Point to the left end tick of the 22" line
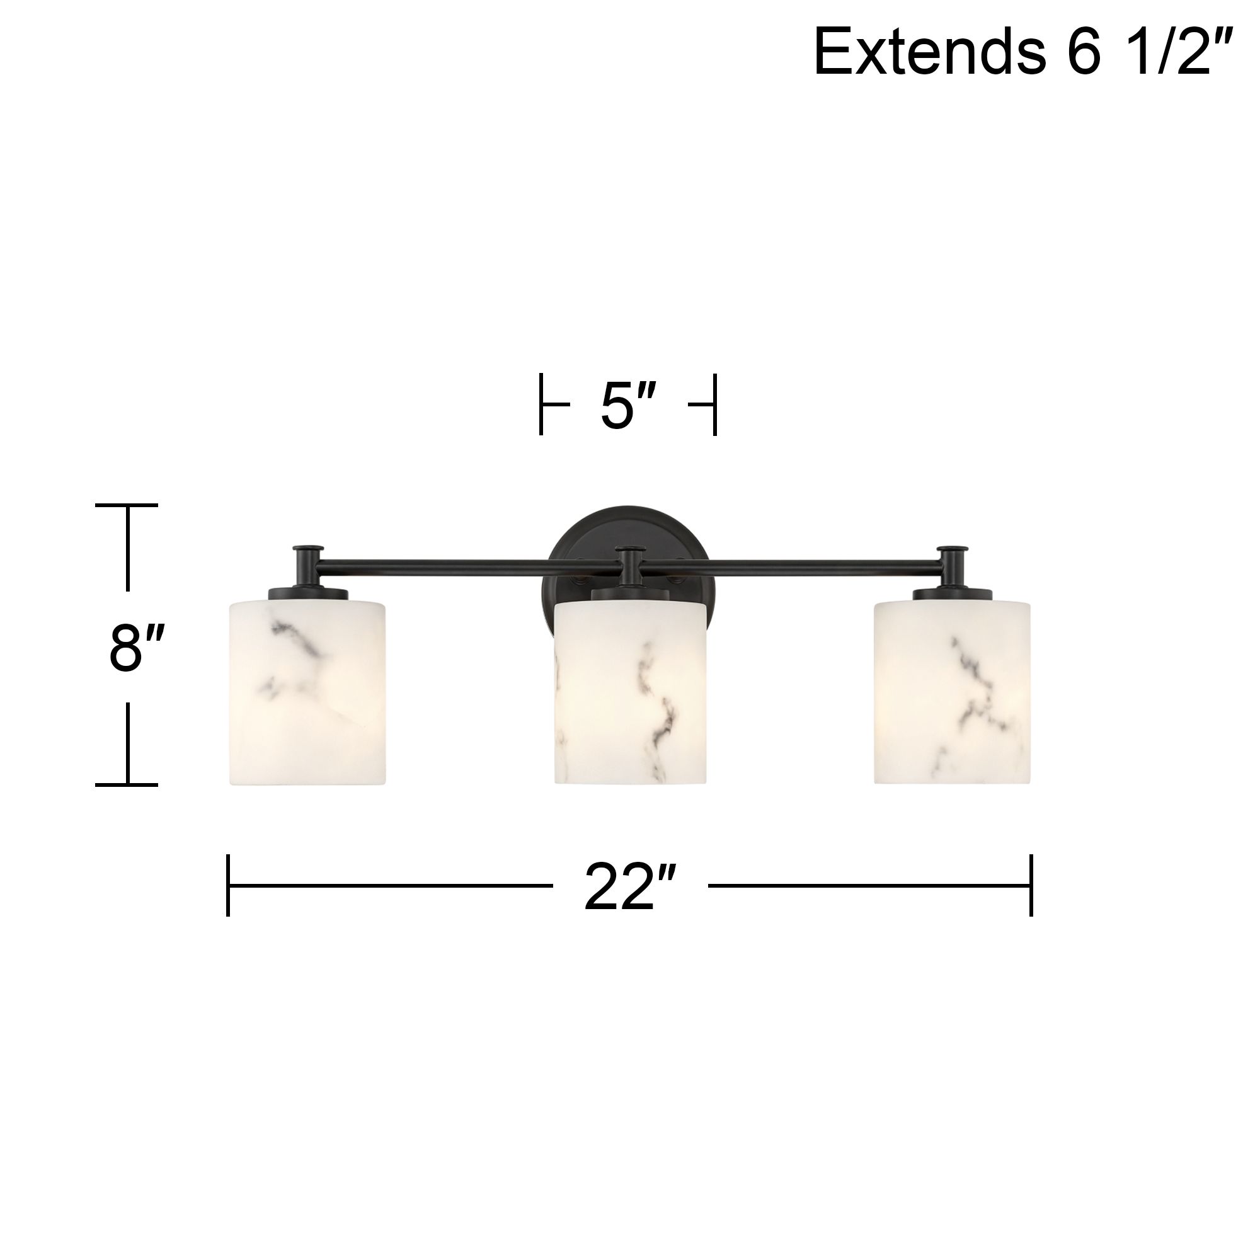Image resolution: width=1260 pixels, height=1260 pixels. click(228, 885)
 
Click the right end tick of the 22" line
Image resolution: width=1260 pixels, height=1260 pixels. click(1031, 885)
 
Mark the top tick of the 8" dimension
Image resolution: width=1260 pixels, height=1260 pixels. click(127, 505)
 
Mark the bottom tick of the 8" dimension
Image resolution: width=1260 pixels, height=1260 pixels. click(127, 784)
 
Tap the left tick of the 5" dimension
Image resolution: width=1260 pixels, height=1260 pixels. click(541, 404)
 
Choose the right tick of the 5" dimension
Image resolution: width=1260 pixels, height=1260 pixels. click(715, 404)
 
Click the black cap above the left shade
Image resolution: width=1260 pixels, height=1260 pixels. click(308, 594)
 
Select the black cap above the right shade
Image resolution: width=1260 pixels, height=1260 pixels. click(951, 594)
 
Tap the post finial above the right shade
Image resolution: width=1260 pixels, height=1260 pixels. click(953, 549)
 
